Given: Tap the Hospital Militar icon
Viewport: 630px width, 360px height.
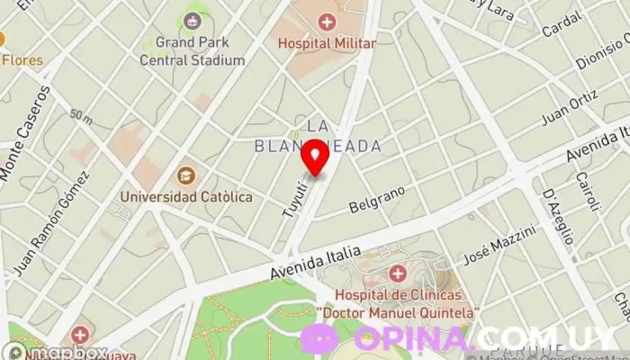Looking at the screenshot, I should pyautogui.click(x=326, y=22).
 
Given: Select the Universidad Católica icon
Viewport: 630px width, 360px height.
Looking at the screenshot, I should pyautogui.click(x=187, y=175).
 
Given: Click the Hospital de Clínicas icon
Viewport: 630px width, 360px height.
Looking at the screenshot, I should pyautogui.click(x=397, y=273).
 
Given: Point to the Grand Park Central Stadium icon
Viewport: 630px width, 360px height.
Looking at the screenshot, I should pyautogui.click(x=192, y=20).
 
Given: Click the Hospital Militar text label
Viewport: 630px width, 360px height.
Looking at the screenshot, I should pyautogui.click(x=327, y=42).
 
